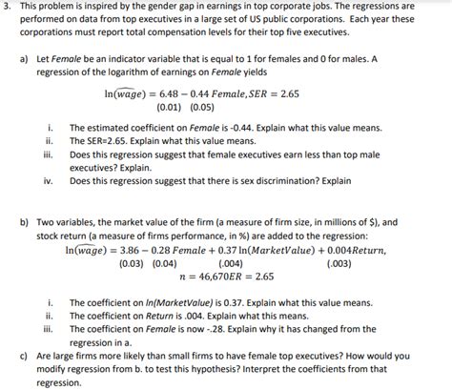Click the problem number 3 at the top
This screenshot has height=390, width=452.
pos(7,7)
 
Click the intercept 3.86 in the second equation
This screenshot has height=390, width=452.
pos(134,250)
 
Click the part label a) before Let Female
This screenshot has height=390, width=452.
pos(25,59)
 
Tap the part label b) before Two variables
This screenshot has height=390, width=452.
pos(25,220)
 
